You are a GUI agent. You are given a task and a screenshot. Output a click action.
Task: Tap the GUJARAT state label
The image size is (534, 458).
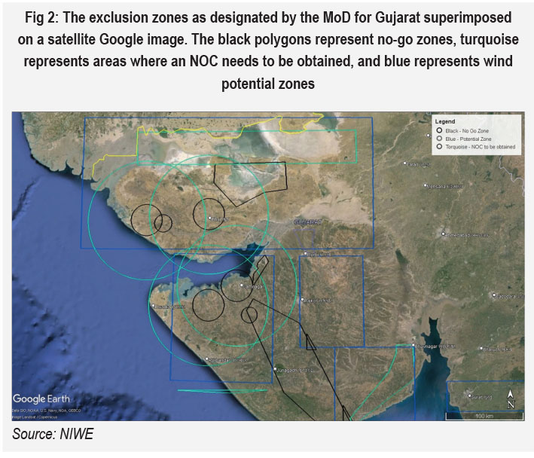click(307, 222)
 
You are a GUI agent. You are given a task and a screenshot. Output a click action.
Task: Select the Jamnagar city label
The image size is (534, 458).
click(253, 286)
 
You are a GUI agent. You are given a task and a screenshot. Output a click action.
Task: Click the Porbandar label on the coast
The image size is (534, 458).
click(225, 359)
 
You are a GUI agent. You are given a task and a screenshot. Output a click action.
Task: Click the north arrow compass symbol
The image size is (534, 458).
click(511, 398)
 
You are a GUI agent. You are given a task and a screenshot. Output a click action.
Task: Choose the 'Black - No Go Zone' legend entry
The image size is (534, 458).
click(471, 131)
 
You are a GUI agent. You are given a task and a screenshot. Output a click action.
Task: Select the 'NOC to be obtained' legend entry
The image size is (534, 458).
click(481, 148)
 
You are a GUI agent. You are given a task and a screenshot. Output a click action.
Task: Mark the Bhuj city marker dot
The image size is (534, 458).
click(210, 218)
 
